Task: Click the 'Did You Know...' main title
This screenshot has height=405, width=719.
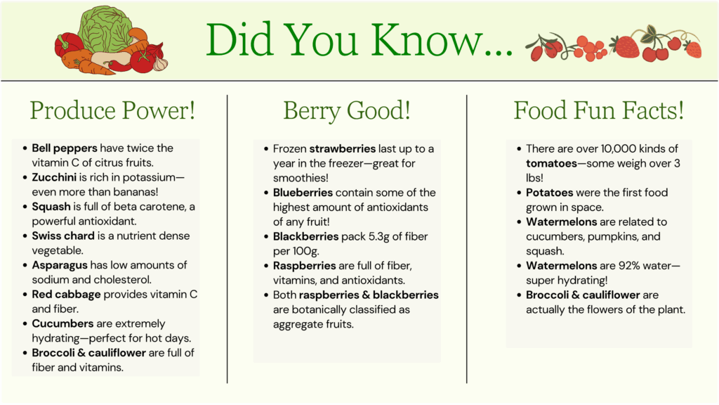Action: click(x=359, y=40)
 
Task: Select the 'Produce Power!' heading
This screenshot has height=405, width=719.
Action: click(x=113, y=110)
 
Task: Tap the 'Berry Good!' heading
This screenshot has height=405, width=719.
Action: click(x=347, y=111)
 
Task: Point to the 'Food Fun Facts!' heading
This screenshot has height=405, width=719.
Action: click(x=598, y=110)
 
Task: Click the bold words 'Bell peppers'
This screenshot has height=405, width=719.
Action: click(x=65, y=148)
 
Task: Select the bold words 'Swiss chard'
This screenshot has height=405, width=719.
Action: click(x=62, y=236)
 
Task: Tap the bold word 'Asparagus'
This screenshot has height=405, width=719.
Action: click(x=60, y=265)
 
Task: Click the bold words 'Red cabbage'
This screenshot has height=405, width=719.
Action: click(x=66, y=295)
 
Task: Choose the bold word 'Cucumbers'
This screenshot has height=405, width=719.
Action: click(x=62, y=323)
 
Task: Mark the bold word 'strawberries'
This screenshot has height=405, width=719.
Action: click(x=343, y=149)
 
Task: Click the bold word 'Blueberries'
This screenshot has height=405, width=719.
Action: click(x=303, y=193)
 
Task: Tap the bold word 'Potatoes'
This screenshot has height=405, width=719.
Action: click(x=549, y=193)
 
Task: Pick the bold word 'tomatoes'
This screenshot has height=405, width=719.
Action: click(x=552, y=163)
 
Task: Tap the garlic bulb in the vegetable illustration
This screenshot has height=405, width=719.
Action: click(x=160, y=63)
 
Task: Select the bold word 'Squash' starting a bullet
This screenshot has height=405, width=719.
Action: click(x=51, y=207)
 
